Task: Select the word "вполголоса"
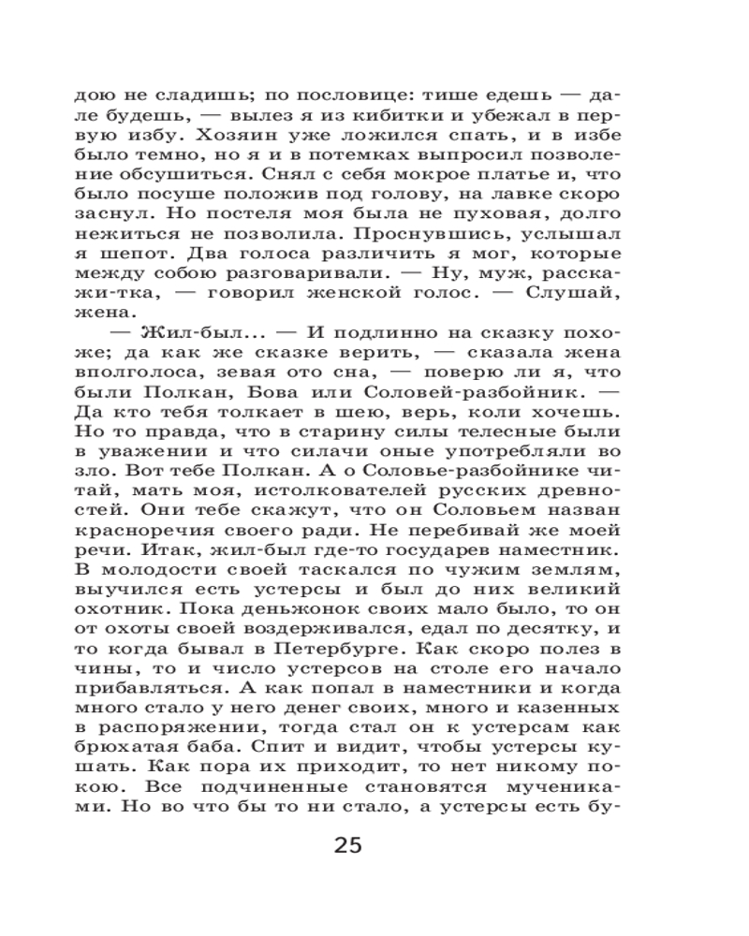pos(131,351)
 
